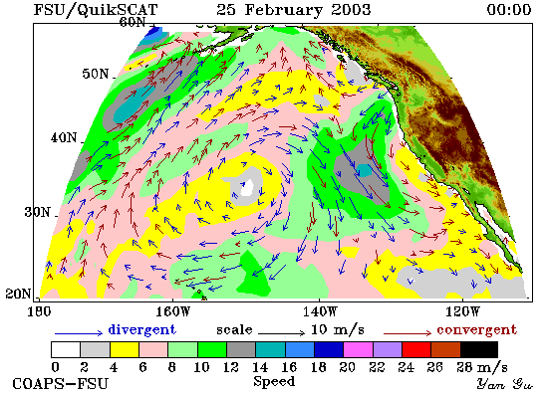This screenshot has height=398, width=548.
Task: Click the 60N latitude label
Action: click(x=133, y=22)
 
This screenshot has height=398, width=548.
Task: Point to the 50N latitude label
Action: click(x=95, y=74)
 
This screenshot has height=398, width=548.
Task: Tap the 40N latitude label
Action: click(x=64, y=137)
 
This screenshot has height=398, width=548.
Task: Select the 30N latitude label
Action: click(x=37, y=212)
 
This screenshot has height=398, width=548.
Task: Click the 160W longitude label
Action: click(x=172, y=311)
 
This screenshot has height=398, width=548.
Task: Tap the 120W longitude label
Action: click(x=462, y=311)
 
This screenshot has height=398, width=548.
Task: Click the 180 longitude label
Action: click(x=39, y=311)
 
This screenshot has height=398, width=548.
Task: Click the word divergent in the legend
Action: click(x=141, y=329)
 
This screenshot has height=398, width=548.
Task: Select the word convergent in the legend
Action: click(x=476, y=329)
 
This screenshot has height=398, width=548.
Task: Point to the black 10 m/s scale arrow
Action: click(x=281, y=333)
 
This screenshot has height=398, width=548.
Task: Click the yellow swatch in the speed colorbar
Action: click(x=125, y=350)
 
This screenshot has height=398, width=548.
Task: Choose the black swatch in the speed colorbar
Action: click(x=479, y=350)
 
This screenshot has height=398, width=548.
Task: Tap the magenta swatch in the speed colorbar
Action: click(x=359, y=350)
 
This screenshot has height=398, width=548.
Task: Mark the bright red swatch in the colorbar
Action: click(x=416, y=350)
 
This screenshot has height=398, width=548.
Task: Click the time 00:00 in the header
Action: click(x=509, y=9)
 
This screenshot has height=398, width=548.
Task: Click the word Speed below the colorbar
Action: click(x=274, y=381)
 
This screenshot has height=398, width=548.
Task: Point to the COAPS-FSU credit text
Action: click(x=60, y=384)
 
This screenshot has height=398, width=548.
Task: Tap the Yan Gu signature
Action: click(x=505, y=384)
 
